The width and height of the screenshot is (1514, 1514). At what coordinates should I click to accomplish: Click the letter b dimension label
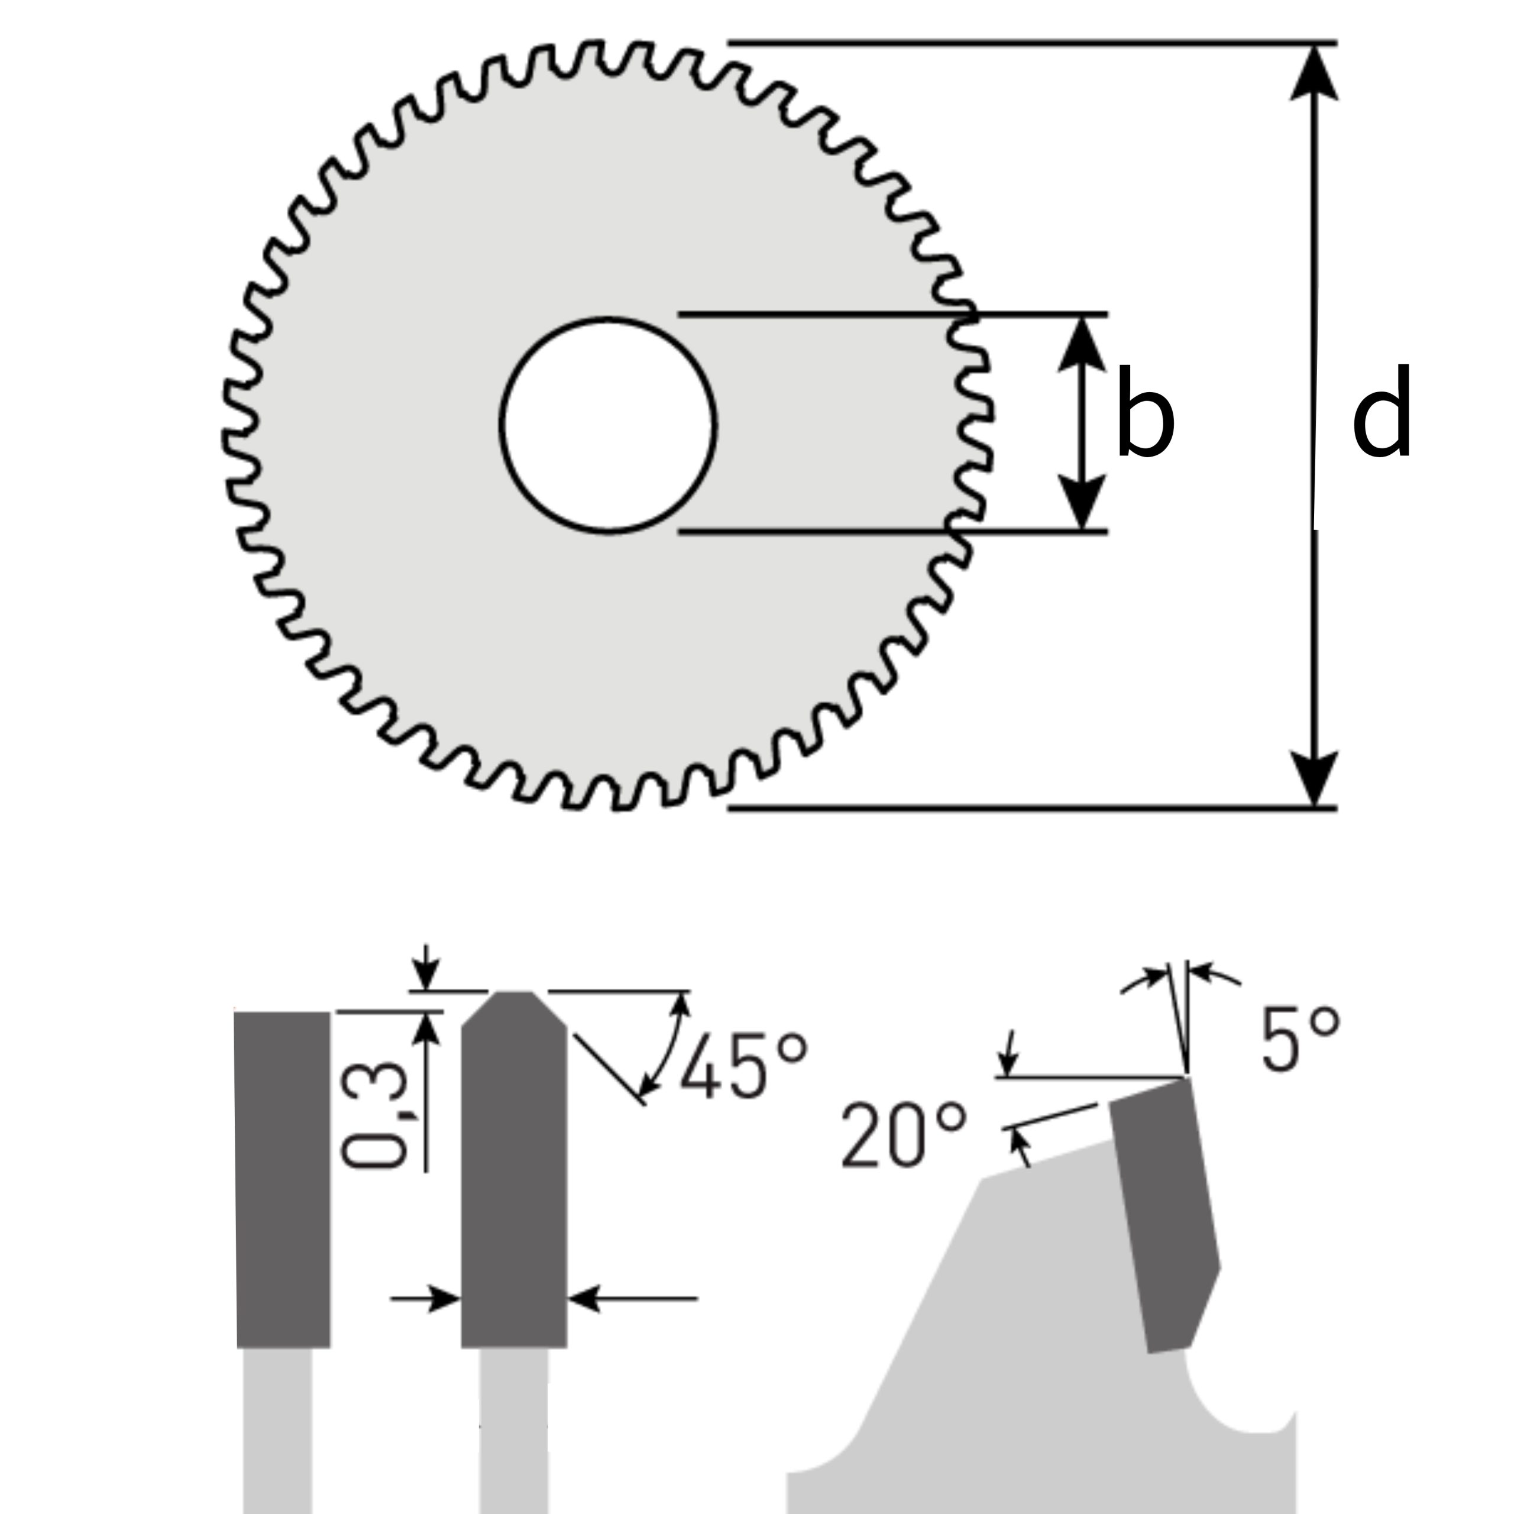pyautogui.click(x=1145, y=412)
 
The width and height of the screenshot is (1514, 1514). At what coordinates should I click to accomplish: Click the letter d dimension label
pyautogui.click(x=1382, y=412)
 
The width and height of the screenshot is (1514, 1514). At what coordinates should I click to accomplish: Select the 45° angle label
pyautogui.click(x=743, y=1067)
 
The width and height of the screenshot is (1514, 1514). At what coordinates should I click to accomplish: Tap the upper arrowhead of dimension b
pyautogui.click(x=1082, y=345)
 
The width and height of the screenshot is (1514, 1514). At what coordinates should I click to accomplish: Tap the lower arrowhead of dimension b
pyautogui.click(x=1082, y=502)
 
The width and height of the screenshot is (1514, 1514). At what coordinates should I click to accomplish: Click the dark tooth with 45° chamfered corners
pyautogui.click(x=513, y=1176)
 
